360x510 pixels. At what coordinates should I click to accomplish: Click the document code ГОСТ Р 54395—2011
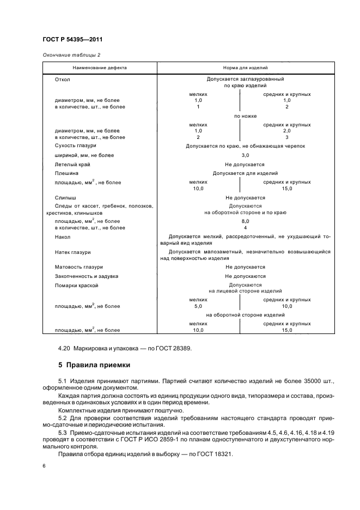coord(72,40)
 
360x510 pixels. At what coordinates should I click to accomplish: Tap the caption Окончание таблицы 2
coord(71,55)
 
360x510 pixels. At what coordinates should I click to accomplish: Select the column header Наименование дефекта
coord(100,68)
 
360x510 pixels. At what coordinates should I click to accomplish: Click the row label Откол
coord(63,80)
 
